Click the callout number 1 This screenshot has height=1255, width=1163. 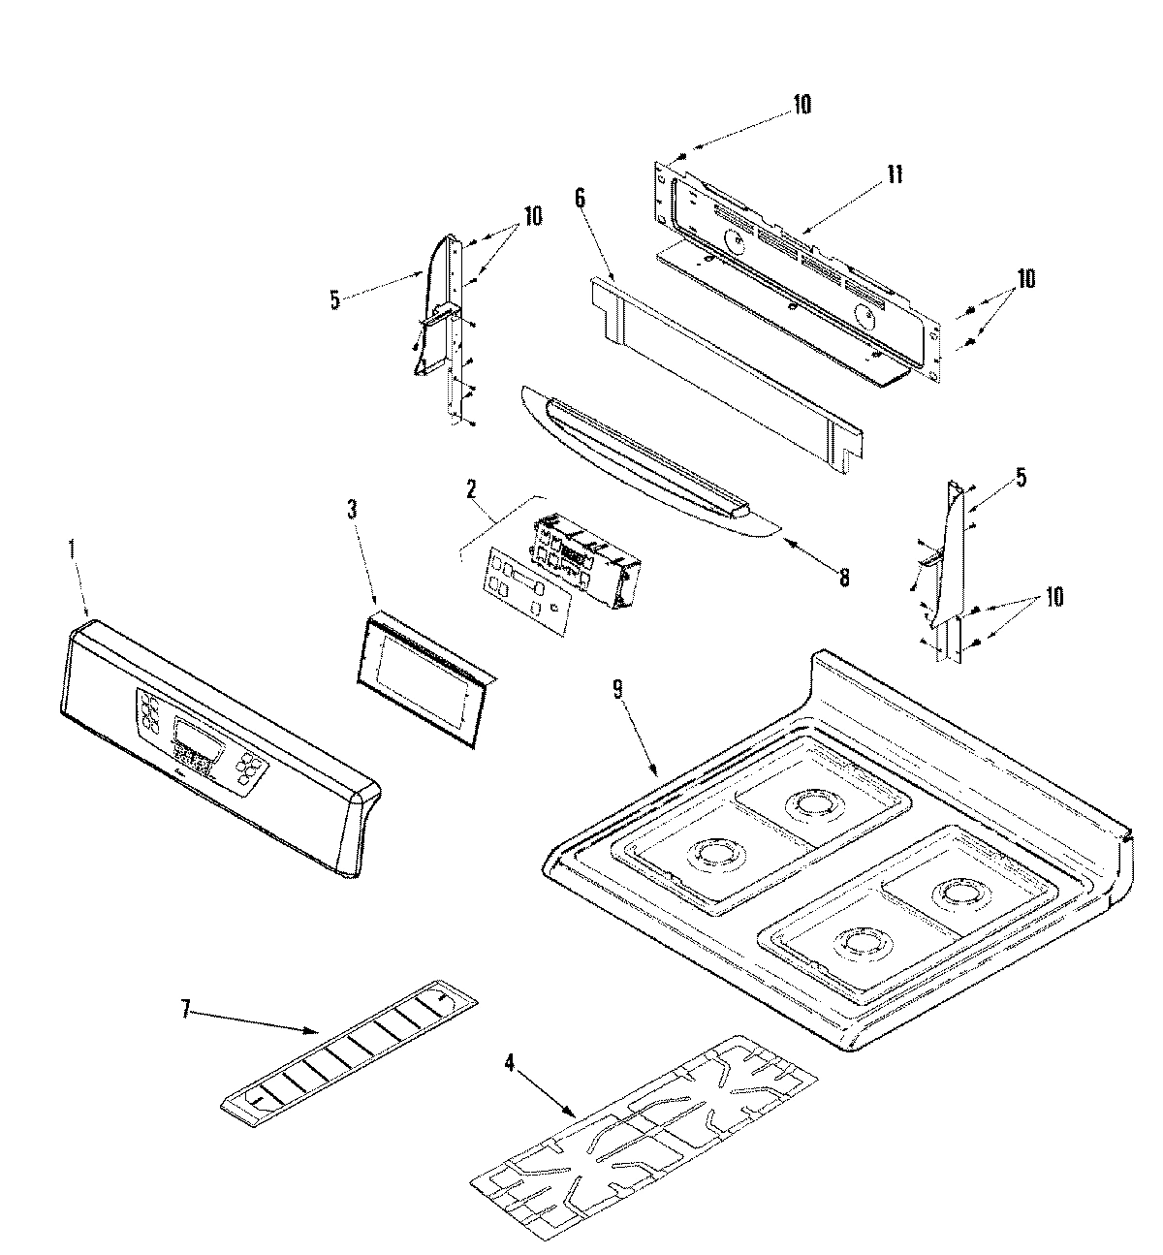point(70,549)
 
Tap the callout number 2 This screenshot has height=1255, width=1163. point(471,488)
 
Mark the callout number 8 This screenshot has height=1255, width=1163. point(844,578)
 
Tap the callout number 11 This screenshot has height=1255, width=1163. point(895,174)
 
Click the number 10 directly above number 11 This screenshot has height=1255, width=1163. point(802,105)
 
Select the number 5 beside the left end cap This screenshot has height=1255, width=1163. point(334,300)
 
